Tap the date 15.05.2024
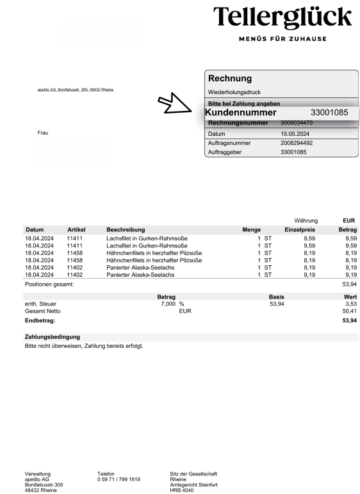click(x=296, y=133)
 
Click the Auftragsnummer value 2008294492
click(x=297, y=143)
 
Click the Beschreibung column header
click(x=126, y=229)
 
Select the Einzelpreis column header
click(x=300, y=229)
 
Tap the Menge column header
click(x=251, y=229)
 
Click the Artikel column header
click(x=76, y=229)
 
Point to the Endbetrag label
click(x=40, y=319)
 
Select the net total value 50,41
click(x=349, y=311)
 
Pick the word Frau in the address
click(x=43, y=133)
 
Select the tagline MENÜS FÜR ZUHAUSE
click(x=282, y=39)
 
